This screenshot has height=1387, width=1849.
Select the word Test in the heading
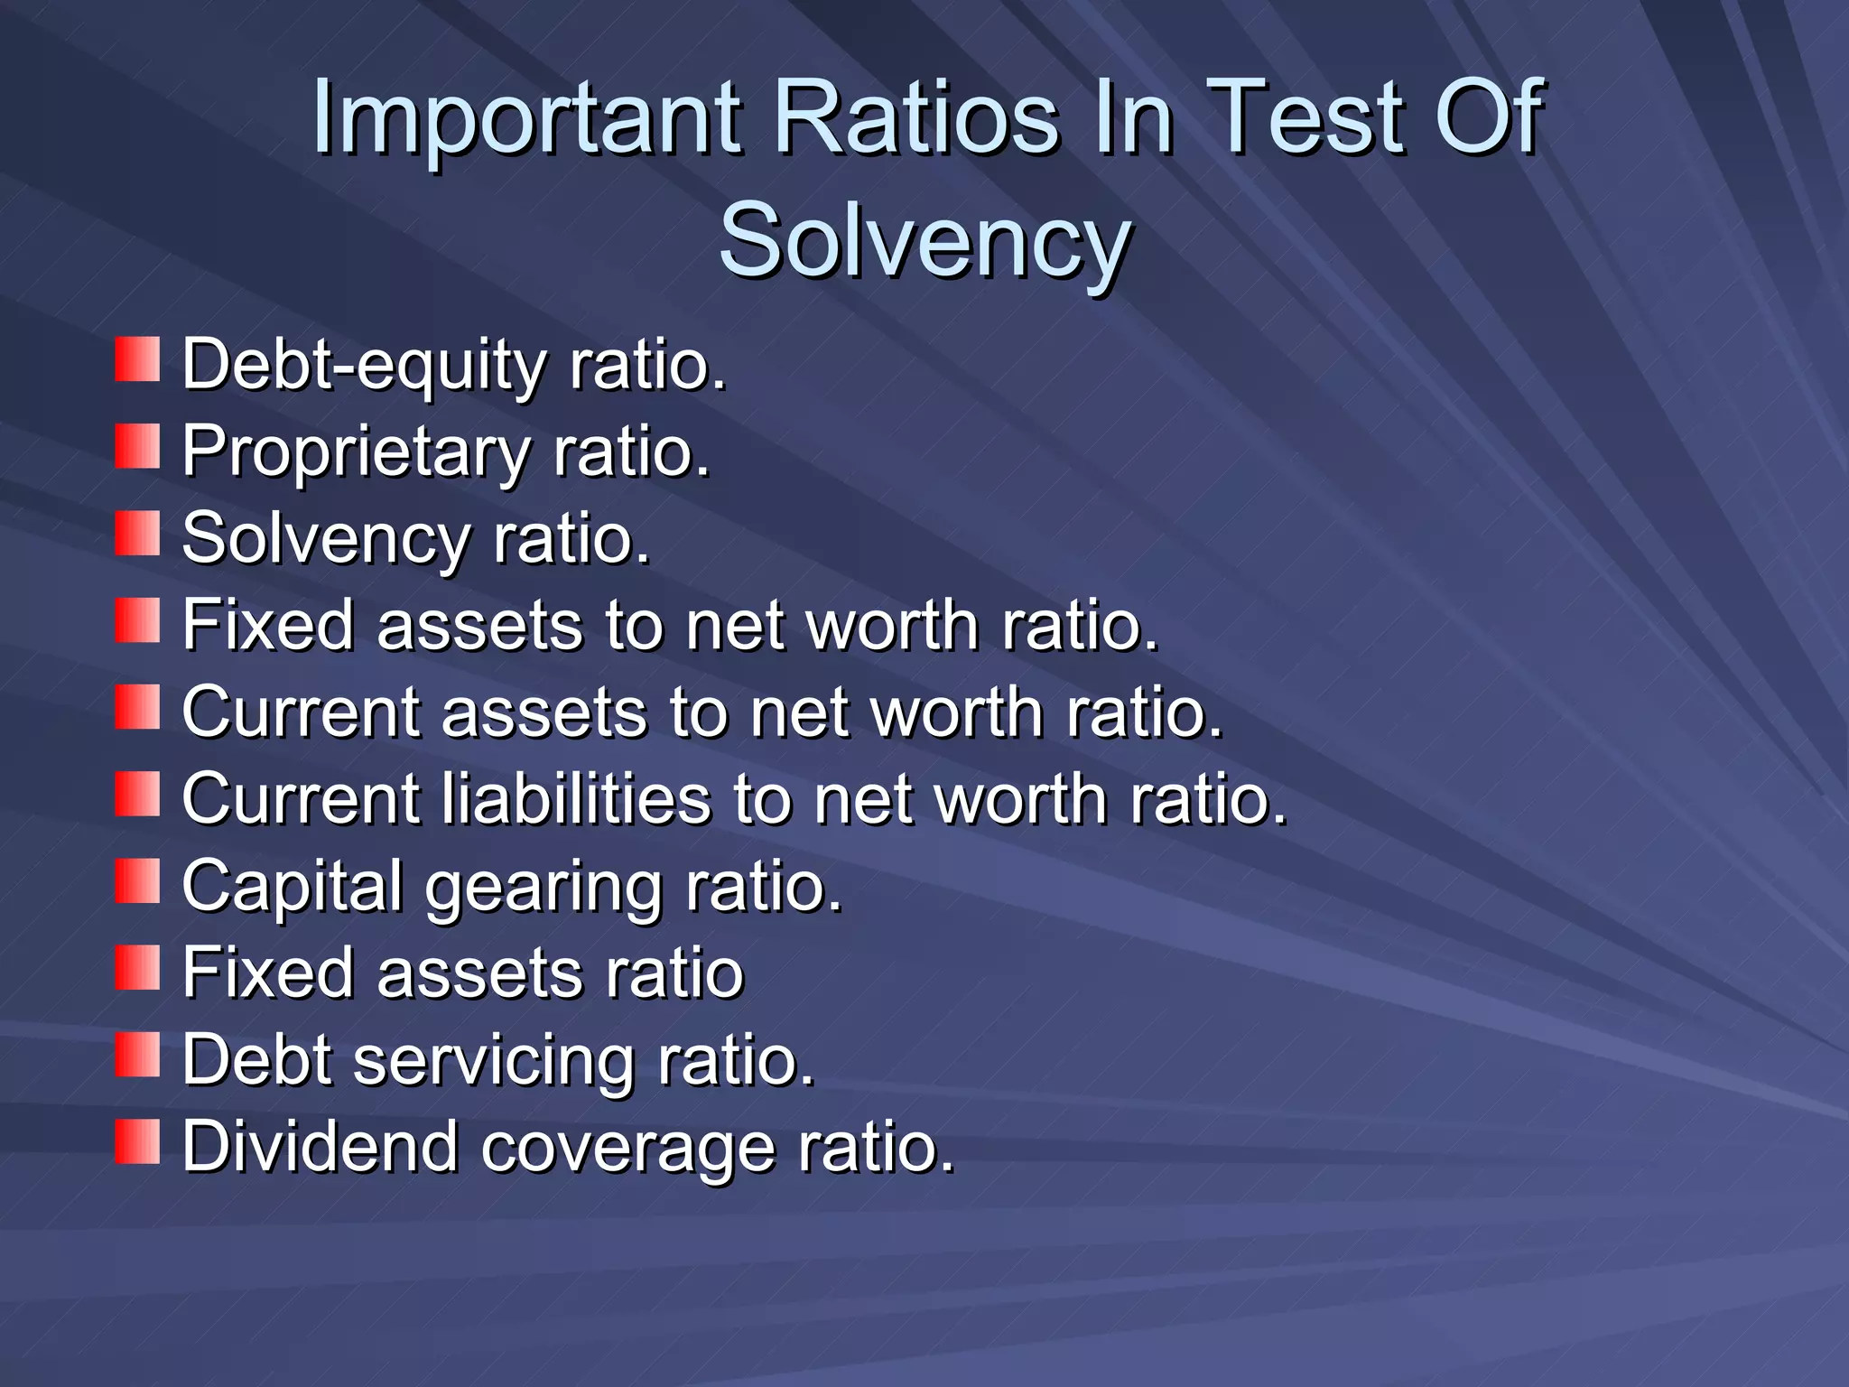click(1304, 117)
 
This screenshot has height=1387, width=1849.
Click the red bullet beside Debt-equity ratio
click(137, 359)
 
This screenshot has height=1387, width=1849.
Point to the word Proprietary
click(355, 451)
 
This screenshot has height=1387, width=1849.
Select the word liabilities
click(576, 799)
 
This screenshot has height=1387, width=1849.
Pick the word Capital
click(292, 887)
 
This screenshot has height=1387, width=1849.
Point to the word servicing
click(494, 1060)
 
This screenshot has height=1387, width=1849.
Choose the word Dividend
click(320, 1146)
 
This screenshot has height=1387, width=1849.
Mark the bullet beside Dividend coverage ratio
click(137, 1141)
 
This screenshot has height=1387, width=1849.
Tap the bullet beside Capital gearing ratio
click(137, 881)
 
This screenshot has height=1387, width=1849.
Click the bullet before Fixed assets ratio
click(137, 967)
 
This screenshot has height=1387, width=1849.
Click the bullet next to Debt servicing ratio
click(137, 1055)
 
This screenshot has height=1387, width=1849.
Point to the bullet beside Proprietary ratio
click(137, 446)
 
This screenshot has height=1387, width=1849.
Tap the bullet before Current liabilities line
click(137, 794)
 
